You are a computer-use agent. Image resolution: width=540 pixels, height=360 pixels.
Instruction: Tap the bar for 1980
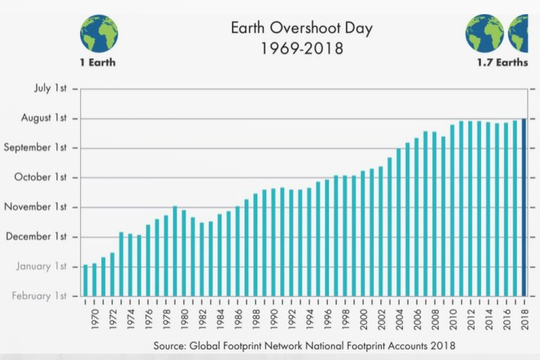(x=184, y=252)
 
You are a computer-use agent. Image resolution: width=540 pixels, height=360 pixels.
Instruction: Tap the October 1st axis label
(x=43, y=177)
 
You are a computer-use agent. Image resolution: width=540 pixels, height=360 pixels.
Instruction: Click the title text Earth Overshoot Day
(x=302, y=29)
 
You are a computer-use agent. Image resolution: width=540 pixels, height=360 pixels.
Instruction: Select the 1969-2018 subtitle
(x=302, y=49)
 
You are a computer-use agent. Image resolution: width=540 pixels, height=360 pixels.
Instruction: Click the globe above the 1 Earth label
(x=98, y=33)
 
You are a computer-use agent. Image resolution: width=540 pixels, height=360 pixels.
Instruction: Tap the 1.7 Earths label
(x=501, y=63)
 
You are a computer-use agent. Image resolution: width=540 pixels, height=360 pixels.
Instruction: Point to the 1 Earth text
(x=98, y=63)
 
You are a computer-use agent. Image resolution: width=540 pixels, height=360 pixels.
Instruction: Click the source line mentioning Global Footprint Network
(x=304, y=346)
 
